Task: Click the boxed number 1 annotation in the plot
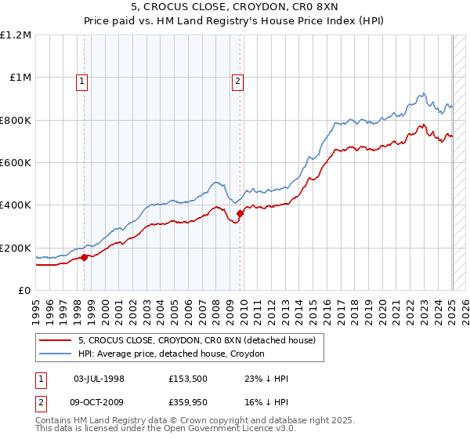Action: [83, 78]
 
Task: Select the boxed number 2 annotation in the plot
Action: [237, 78]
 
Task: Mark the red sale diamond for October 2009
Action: [240, 213]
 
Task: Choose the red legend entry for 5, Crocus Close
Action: [197, 340]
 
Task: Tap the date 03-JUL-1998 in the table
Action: [99, 379]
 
